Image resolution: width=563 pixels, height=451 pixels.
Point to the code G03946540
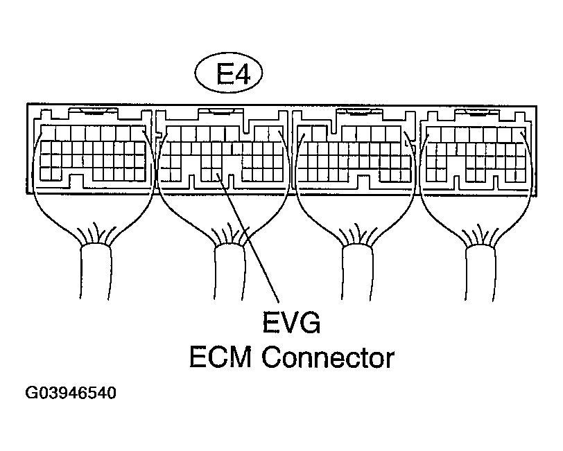pos(71,393)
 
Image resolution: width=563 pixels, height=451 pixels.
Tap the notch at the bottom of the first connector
pos(77,182)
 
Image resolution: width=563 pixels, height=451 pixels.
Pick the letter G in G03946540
pos(31,393)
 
